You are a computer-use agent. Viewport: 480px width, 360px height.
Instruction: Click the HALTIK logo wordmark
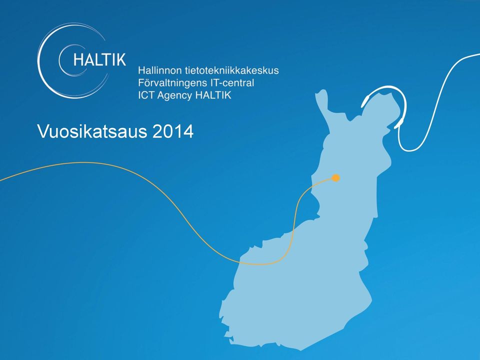(x=99, y=59)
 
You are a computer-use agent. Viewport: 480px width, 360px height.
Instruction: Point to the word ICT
(x=145, y=95)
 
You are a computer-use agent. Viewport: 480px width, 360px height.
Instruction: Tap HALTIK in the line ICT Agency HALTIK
(x=213, y=95)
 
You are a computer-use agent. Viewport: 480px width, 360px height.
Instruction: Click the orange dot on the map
(x=336, y=178)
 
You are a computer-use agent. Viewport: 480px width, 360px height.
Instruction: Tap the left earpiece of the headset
(x=365, y=101)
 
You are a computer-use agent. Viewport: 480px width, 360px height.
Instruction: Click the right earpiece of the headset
(x=398, y=123)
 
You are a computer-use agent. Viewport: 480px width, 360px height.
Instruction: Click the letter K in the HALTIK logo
(x=120, y=59)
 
